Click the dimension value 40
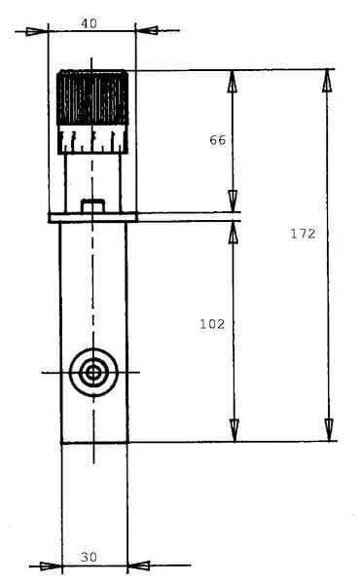[89, 23]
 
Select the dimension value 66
[217, 140]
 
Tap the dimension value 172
[303, 234]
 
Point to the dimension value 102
[212, 324]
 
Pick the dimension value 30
[89, 557]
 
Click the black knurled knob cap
[92, 97]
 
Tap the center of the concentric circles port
[93, 372]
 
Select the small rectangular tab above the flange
[92, 206]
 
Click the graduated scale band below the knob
[92, 139]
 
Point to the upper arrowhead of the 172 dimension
[327, 81]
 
